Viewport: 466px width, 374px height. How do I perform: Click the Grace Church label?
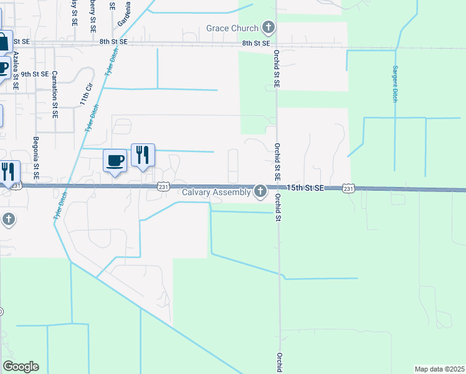coord(233,28)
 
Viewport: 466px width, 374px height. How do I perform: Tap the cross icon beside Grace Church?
coord(269,27)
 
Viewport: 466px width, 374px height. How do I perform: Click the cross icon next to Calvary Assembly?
coord(260,191)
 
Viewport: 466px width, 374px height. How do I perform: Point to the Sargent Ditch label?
coord(394,84)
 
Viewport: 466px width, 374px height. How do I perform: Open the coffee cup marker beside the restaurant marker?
coord(115,161)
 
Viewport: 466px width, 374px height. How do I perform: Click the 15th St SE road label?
coord(306,188)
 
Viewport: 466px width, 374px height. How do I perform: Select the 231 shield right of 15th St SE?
coord(348,188)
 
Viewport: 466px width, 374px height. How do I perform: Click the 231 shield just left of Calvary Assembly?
coord(163,186)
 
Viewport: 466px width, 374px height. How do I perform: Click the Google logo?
coord(21,367)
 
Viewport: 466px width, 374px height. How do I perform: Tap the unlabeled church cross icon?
coord(8,219)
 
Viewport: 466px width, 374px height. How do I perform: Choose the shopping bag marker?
coord(3,42)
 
